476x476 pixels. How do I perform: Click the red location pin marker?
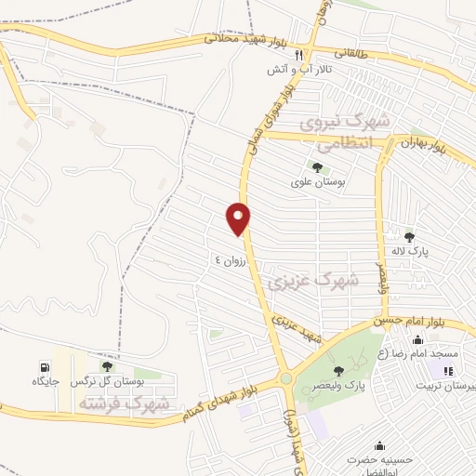point(239,218)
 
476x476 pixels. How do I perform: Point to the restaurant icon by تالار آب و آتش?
point(298,55)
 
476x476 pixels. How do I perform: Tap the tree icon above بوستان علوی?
point(318,167)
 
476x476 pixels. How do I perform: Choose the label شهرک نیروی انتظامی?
point(345,133)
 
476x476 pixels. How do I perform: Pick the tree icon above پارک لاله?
point(409,237)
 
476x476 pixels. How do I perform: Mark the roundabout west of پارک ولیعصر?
point(285,378)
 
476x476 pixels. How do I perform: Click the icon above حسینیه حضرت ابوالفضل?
point(378,445)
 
